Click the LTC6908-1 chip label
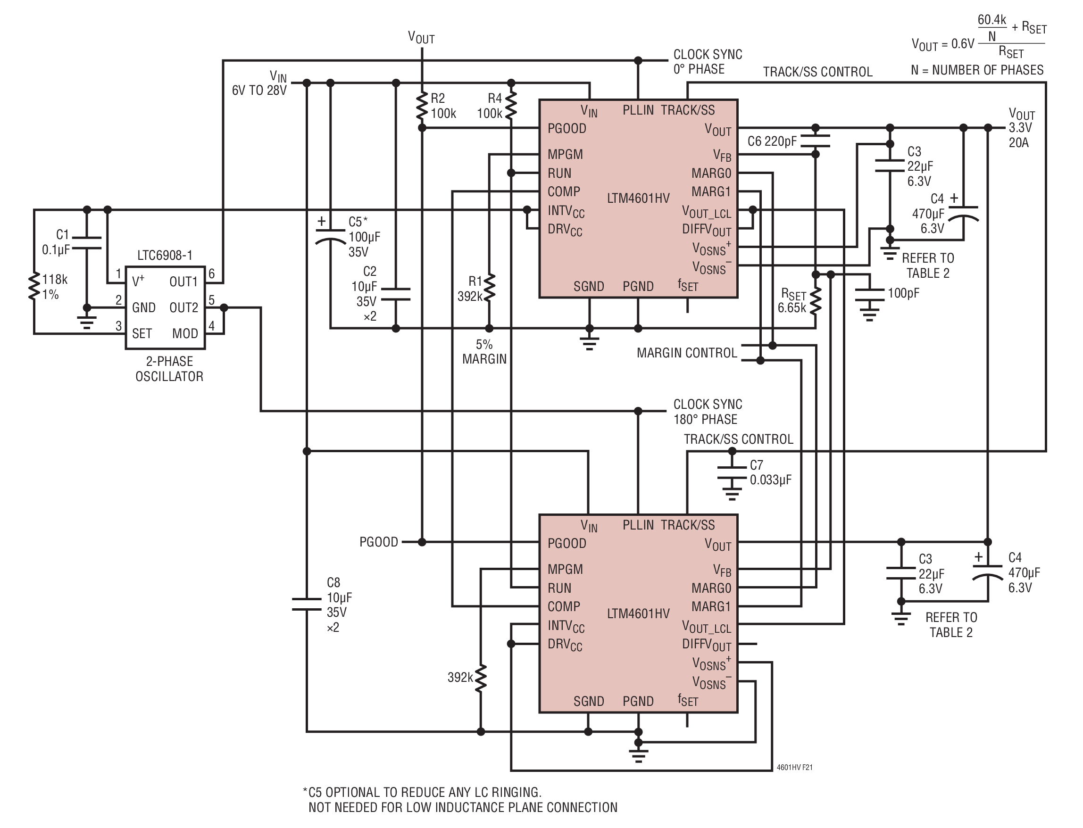tap(165, 255)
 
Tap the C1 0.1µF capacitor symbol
tap(87, 242)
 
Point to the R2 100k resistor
tap(422, 106)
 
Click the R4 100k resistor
tap(511, 106)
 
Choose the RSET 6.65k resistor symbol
tap(816, 301)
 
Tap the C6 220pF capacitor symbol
tap(816, 141)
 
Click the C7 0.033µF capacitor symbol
tap(732, 472)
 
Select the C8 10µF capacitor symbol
tap(307, 604)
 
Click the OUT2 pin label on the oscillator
tap(183, 307)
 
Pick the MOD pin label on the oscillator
tap(185, 334)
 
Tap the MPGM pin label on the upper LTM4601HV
tap(565, 154)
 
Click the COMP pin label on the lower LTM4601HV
tap(564, 607)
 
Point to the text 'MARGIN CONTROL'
tap(687, 353)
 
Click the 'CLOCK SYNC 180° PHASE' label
tap(708, 412)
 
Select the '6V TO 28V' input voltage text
tap(259, 91)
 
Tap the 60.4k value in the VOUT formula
tap(992, 20)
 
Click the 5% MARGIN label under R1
tap(484, 352)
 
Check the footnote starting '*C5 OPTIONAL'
tap(459, 800)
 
